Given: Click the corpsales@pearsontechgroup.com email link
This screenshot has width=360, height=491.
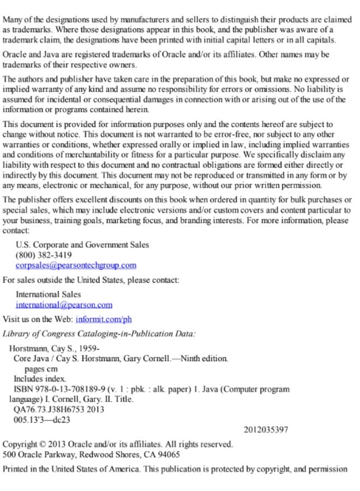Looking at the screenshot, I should tap(76, 265).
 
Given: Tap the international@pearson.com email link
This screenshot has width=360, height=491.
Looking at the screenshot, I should tap(64, 305).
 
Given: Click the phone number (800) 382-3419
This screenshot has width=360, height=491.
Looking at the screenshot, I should tap(44, 255).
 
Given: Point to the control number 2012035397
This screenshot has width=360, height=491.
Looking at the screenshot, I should tap(266, 430).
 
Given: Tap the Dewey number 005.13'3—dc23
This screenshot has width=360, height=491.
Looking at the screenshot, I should tap(42, 420).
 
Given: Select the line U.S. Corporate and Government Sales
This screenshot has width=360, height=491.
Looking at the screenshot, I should tap(82, 245).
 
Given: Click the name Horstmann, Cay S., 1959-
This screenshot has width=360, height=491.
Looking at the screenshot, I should tap(55, 348).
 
